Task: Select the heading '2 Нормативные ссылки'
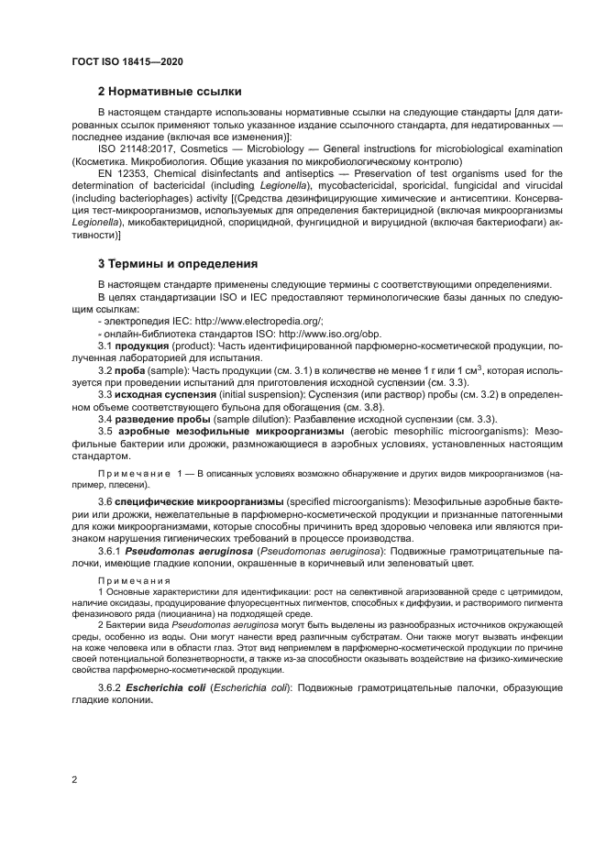(x=170, y=92)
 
